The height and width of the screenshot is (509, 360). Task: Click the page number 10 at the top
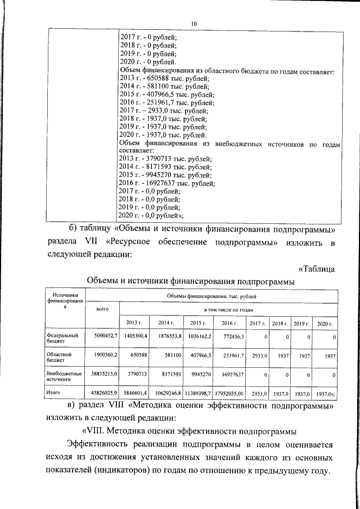194,24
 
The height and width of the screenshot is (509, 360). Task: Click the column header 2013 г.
133,323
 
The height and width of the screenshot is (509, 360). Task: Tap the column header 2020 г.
325,323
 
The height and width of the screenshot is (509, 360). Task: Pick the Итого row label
53,394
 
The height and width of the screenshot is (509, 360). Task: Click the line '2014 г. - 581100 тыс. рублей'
164,87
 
